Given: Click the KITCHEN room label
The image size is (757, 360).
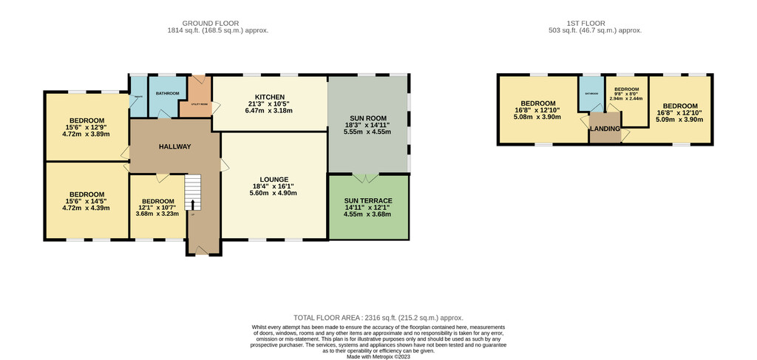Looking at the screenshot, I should (x=270, y=97).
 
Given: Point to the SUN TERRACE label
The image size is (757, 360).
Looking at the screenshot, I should (x=367, y=200).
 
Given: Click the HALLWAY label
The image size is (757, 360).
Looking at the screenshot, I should (x=174, y=146).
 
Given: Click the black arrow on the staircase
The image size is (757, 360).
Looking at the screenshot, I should (x=193, y=205).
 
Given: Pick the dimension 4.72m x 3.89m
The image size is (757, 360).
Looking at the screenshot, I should (x=86, y=135).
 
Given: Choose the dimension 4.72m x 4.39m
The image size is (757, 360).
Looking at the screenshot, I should (x=86, y=208).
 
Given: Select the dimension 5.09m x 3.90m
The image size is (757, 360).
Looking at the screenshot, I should (x=679, y=119).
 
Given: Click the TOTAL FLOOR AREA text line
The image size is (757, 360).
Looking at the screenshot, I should (x=378, y=316).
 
